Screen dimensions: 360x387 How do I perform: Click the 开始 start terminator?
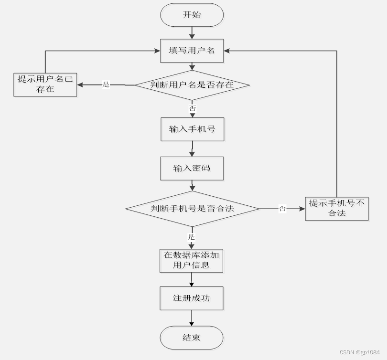tap(192, 15)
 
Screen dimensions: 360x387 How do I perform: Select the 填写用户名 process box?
tap(192, 51)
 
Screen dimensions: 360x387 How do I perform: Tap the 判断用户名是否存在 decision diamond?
tap(192, 85)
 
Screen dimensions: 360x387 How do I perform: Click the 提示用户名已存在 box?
tap(45, 85)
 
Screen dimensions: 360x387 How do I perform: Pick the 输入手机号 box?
tap(192, 129)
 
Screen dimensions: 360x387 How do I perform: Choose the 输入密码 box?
tap(192, 169)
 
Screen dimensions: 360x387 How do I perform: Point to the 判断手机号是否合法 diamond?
tap(192, 209)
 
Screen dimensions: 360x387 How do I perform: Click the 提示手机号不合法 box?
tap(337, 209)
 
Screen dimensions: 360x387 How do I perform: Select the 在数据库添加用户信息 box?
tap(191, 260)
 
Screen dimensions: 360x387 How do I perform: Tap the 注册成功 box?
tap(191, 298)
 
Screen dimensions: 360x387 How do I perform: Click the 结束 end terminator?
tap(192, 338)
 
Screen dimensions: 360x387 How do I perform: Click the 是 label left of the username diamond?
tap(106, 85)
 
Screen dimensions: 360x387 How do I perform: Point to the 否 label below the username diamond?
tap(192, 108)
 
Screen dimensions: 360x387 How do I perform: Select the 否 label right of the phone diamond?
tap(282, 209)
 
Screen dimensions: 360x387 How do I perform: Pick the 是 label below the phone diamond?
tap(192, 237)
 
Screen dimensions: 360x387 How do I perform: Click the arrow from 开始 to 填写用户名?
tap(192, 33)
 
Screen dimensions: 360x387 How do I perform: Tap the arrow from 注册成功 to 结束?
tap(192, 318)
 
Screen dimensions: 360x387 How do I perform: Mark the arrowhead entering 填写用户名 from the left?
tap(157, 51)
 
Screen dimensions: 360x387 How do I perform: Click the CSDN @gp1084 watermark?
tap(359, 352)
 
